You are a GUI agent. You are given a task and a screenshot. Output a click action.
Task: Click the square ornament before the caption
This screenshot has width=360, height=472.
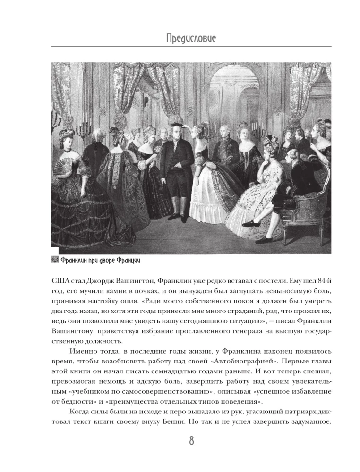[x=54, y=260]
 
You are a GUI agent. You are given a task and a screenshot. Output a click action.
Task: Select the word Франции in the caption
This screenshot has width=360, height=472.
[x=129, y=260]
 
